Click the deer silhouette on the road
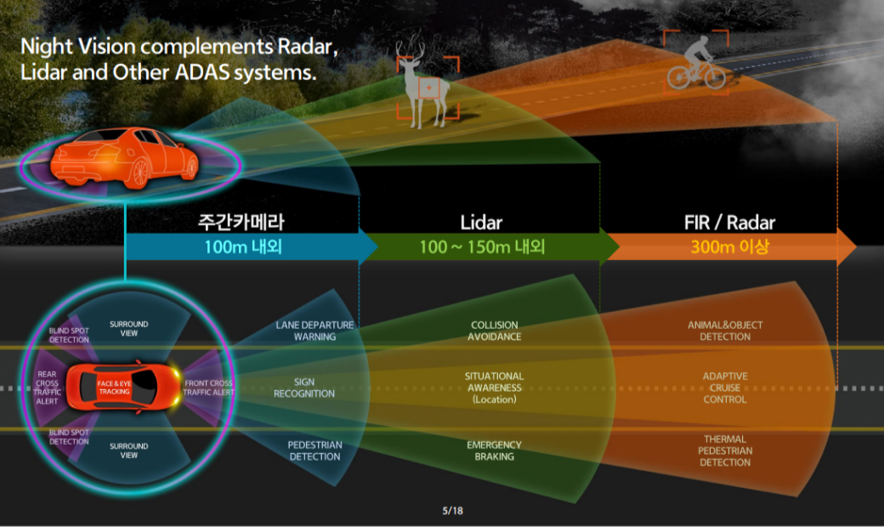click(424, 84)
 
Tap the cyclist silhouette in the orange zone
click(696, 63)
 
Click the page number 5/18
click(452, 511)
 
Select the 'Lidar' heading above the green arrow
click(481, 223)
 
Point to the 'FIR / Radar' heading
click(729, 223)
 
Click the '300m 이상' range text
click(729, 246)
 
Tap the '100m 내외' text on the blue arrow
click(243, 246)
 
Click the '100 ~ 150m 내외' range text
click(482, 246)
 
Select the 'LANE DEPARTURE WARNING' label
click(314, 331)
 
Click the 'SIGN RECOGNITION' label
click(304, 388)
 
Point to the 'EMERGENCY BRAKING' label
click(495, 450)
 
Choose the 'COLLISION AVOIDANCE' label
click(495, 331)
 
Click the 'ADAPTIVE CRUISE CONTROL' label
click(725, 388)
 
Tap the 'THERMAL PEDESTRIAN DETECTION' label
click(725, 450)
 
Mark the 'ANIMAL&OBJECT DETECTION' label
click(725, 331)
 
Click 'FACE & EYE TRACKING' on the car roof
click(114, 388)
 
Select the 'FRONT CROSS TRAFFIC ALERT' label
click(208, 388)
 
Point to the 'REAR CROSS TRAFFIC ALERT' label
click(48, 388)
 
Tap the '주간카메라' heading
click(241, 222)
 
